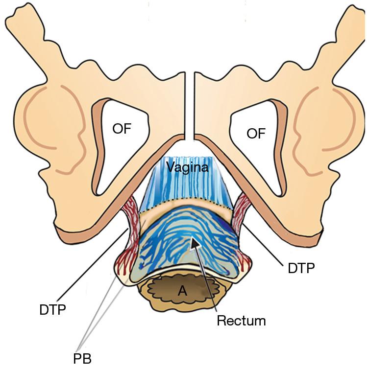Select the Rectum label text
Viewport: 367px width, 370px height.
241,321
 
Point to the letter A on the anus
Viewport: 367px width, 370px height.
182,291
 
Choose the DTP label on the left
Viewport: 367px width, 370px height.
52,310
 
